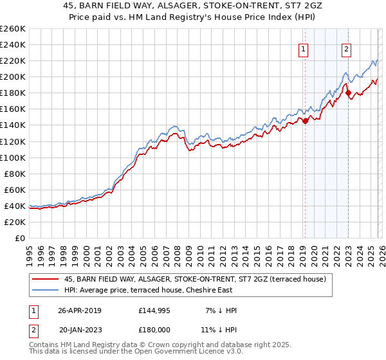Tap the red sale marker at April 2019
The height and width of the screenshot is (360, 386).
pyautogui.click(x=305, y=121)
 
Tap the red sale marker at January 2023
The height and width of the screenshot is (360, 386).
pyautogui.click(x=348, y=93)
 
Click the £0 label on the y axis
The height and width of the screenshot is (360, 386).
pyautogui.click(x=19, y=238)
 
